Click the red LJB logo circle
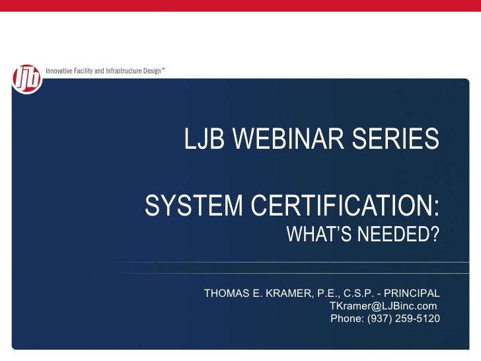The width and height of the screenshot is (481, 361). click(x=27, y=79)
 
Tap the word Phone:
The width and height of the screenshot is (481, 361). click(x=347, y=319)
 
